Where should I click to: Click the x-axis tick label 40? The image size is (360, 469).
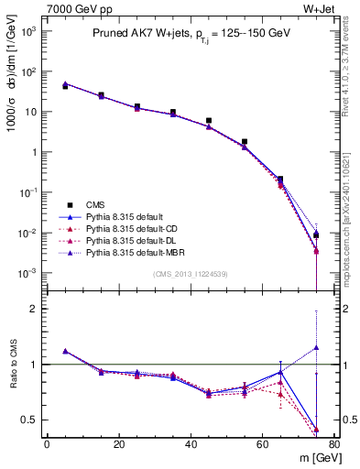190,444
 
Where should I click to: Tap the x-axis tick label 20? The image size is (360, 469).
118,444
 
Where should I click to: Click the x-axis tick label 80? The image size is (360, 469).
333,444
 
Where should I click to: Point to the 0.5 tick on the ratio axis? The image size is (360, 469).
31,420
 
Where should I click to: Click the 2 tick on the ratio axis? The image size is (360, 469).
35,309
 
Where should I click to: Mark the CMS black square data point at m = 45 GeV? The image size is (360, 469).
209,120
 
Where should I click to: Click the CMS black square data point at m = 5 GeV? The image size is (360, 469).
65,86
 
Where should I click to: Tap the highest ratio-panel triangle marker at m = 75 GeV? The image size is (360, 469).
316,347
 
